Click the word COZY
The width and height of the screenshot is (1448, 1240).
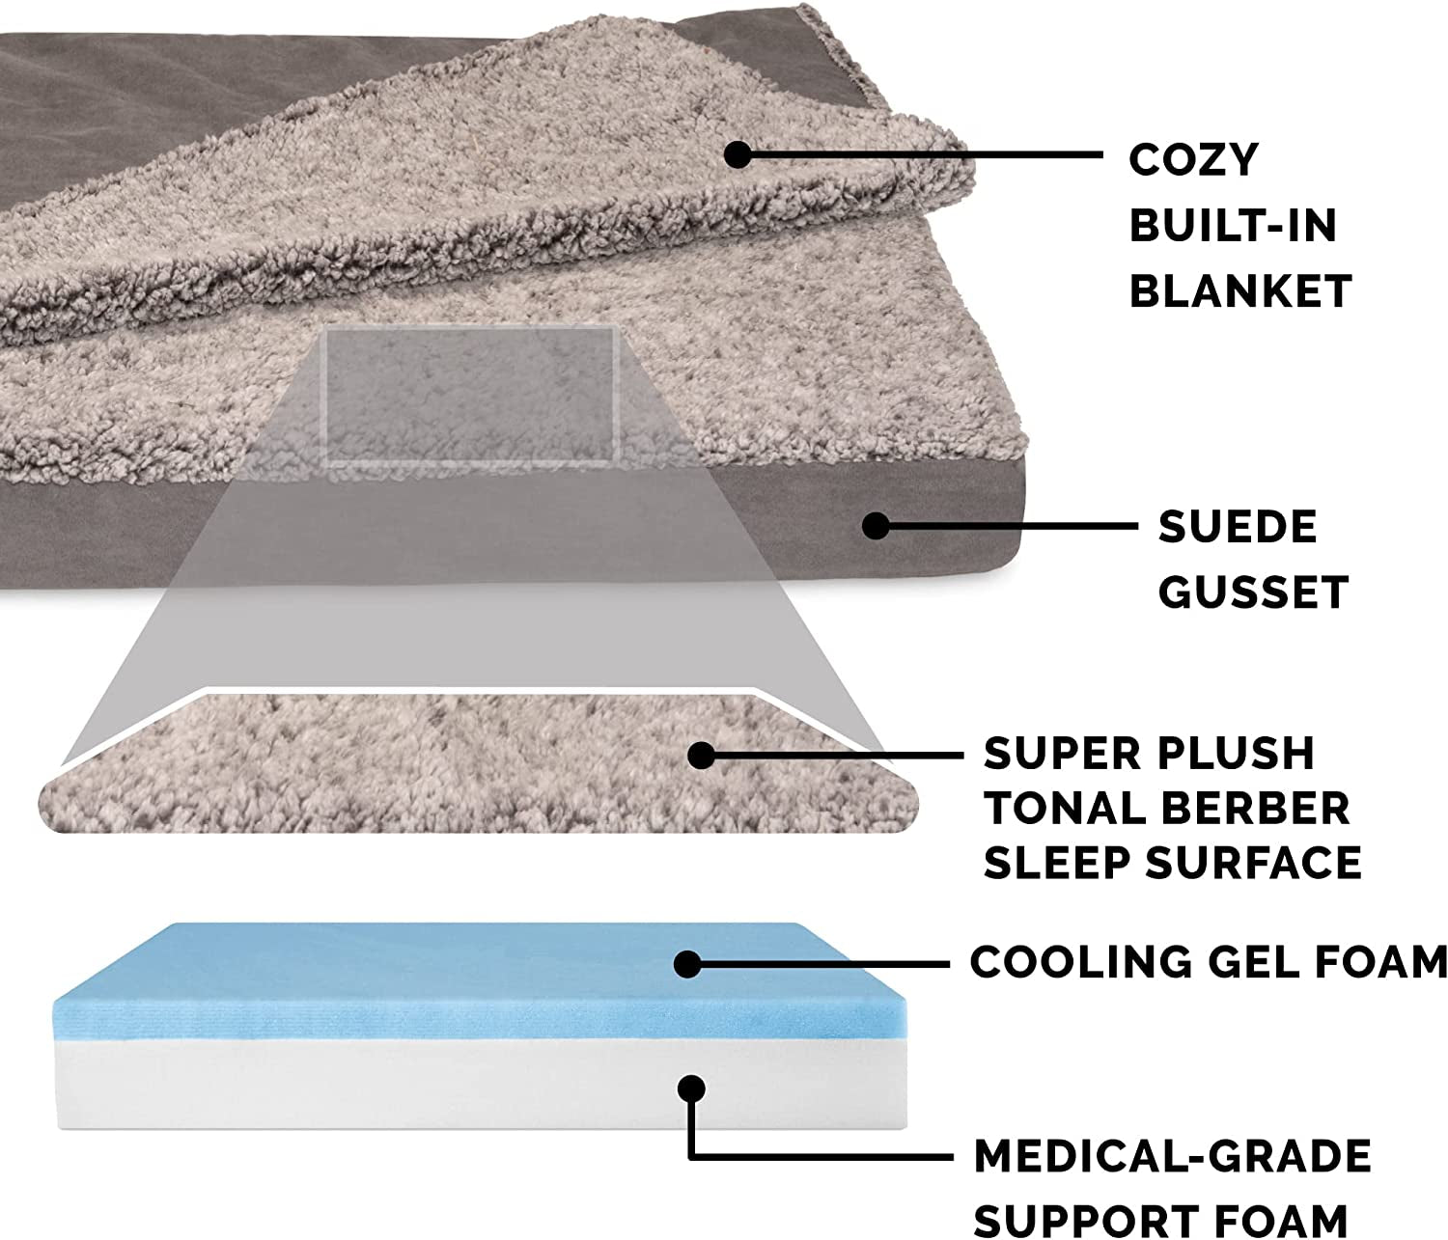(x=1194, y=160)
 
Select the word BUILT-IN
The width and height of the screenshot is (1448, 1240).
(x=1233, y=226)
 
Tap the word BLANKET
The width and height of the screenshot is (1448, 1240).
(x=1240, y=291)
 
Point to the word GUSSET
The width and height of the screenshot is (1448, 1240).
(x=1253, y=592)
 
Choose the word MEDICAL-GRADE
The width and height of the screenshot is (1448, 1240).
(x=1172, y=1156)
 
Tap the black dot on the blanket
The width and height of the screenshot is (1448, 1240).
(x=738, y=154)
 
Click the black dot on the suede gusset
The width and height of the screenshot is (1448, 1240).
(x=876, y=526)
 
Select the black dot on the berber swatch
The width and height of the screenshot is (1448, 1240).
(x=702, y=755)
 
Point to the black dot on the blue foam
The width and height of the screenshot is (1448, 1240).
(x=687, y=963)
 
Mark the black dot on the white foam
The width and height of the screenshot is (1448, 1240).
(x=691, y=1088)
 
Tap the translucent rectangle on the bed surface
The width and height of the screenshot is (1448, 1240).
(x=470, y=397)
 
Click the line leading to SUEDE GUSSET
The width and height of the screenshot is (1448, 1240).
(x=1014, y=526)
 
